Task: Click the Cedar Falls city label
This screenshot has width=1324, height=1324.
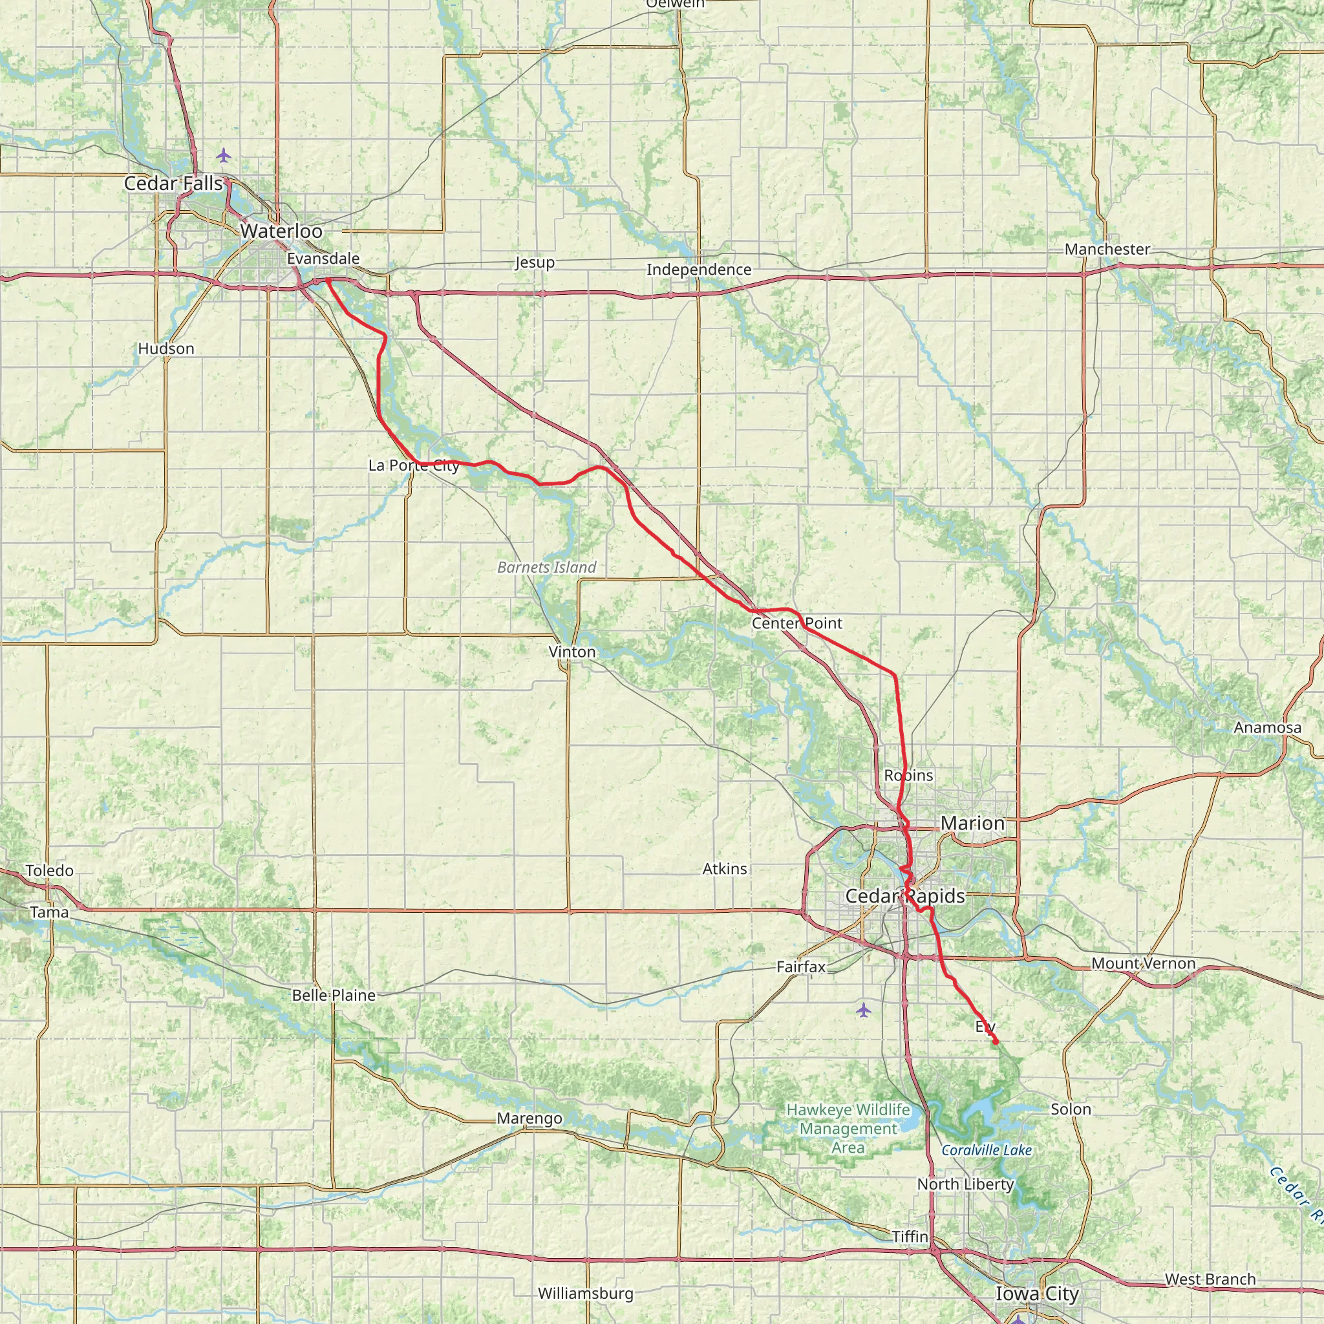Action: click(173, 184)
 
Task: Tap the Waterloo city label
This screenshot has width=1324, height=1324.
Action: click(281, 231)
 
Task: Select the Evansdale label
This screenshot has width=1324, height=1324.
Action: click(323, 259)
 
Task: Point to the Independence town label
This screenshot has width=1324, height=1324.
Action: click(699, 270)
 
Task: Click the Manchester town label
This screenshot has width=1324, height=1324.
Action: click(1107, 250)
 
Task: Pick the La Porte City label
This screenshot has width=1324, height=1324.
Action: click(414, 465)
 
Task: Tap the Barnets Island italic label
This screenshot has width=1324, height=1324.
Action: click(547, 568)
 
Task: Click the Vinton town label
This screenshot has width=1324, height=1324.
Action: click(572, 652)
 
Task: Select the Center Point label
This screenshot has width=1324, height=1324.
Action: click(797, 623)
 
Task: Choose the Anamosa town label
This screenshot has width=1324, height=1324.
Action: click(1267, 728)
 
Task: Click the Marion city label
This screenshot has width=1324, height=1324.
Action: click(972, 823)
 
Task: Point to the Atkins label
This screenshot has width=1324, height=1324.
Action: click(724, 869)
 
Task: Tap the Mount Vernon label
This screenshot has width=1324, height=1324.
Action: click(1143, 963)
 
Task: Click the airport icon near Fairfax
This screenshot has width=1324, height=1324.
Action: click(864, 1010)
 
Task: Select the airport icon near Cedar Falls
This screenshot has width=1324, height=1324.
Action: click(224, 156)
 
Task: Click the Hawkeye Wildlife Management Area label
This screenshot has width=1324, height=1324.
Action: click(848, 1129)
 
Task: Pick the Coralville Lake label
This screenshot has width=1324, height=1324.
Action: click(986, 1151)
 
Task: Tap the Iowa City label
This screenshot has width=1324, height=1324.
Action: click(1037, 1294)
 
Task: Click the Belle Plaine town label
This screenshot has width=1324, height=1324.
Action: click(334, 995)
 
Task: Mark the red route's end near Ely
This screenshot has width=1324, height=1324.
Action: click(996, 1043)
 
